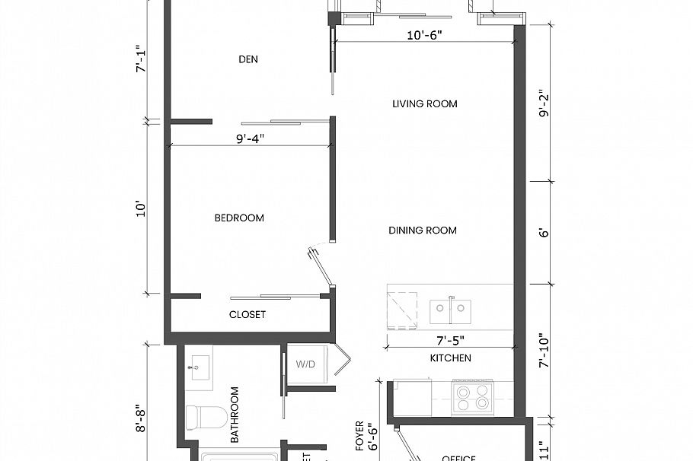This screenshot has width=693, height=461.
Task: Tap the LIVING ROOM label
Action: point(425,103)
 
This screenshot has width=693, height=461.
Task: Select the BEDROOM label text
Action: point(239,218)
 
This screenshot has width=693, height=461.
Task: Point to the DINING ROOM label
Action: point(423,230)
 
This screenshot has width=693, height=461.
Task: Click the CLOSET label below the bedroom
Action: point(247,315)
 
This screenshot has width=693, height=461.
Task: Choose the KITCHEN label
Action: point(451,358)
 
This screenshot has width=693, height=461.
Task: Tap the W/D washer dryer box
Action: point(306,364)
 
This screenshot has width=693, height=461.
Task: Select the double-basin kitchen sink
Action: point(450,310)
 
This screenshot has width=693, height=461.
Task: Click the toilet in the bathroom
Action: point(205,418)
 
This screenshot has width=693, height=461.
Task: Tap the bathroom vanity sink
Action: point(199,369)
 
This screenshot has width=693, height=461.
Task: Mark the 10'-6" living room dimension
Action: point(424,35)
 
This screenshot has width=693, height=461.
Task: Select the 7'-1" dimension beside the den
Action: point(139,59)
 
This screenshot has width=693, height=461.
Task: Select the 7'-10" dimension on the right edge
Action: point(542,351)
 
